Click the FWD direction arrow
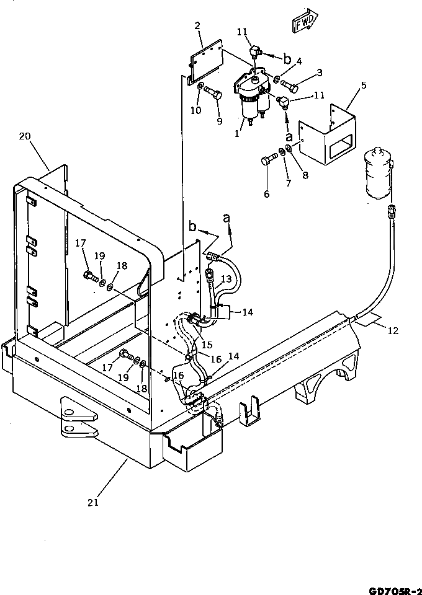pyautogui.click(x=304, y=22)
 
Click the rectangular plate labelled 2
pyautogui.click(x=207, y=63)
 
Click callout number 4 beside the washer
pyautogui.click(x=299, y=61)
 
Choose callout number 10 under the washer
pyautogui.click(x=196, y=110)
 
